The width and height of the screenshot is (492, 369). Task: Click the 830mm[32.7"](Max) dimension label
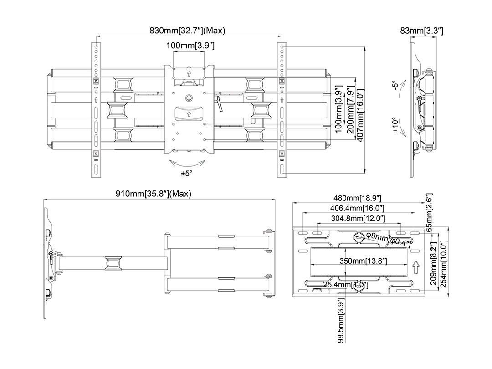188,31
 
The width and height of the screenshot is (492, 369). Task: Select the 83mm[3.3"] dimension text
422,31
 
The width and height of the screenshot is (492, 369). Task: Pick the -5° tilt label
395,86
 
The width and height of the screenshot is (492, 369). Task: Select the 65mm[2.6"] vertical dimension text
429,212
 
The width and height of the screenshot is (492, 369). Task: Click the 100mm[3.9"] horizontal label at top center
190,46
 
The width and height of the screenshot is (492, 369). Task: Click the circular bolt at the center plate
190,97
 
